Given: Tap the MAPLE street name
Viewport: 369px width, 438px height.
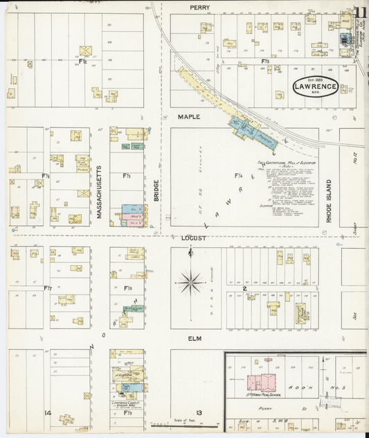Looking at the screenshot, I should point(188,116).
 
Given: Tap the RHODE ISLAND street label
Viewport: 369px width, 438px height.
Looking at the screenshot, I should point(329,201).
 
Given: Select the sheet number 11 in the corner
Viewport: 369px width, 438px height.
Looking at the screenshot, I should point(360,12).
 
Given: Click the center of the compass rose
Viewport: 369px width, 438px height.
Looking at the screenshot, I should point(190,282).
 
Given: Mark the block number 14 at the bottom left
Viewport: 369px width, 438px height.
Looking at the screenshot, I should point(48,413).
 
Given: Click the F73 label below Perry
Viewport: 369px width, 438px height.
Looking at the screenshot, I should point(265,62).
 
